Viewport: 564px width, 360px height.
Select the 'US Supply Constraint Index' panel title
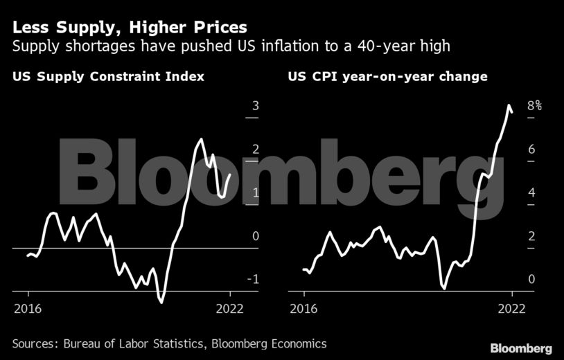click(108, 76)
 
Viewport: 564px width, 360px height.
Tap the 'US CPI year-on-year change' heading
click(388, 76)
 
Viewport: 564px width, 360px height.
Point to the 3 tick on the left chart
click(256, 107)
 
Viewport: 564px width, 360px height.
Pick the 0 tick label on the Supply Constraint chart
click(256, 236)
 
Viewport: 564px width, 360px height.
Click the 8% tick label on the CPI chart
click(534, 107)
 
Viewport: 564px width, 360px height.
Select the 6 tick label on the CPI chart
click(531, 150)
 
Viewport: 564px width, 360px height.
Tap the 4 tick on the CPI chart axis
click(531, 192)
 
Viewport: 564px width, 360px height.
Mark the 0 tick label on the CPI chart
click(531, 279)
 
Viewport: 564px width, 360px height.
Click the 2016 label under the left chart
click(27, 309)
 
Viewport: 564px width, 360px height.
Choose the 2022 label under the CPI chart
click(512, 309)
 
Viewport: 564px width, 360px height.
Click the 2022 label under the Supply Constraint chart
click(230, 309)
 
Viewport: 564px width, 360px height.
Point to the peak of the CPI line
click(509, 106)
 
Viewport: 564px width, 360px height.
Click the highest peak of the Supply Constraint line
click(201, 139)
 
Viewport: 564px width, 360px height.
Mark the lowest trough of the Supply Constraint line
click(162, 302)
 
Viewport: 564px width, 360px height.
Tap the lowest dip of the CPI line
click(444, 287)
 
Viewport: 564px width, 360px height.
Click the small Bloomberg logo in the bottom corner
click(521, 348)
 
